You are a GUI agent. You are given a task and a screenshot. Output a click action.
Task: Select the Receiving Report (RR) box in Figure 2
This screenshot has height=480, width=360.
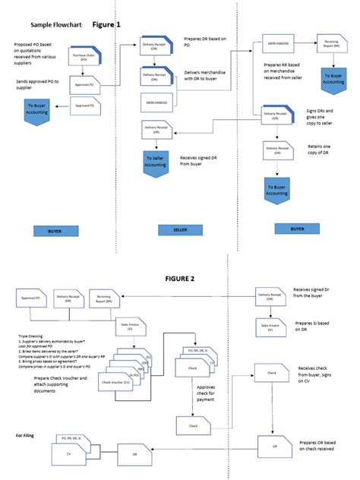pyautogui.click(x=104, y=298)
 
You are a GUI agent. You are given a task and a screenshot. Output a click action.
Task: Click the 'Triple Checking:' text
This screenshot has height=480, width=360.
pyautogui.click(x=30, y=335)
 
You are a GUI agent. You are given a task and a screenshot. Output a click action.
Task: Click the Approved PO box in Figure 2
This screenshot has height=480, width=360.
pyautogui.click(x=30, y=299)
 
